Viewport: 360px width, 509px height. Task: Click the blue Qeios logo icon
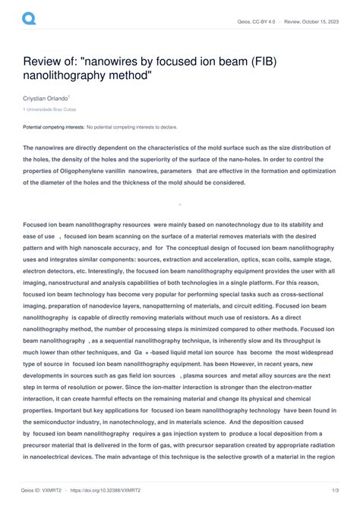(30, 17)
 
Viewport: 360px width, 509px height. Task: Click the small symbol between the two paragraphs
(179, 204)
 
